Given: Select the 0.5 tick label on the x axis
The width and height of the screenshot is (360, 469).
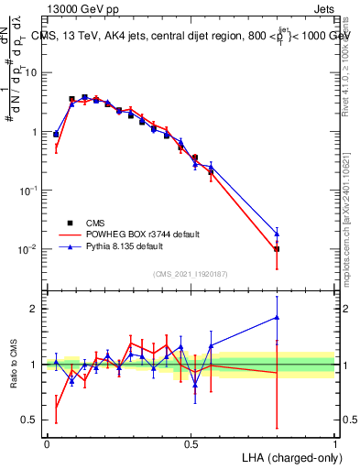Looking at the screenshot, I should coord(191,443).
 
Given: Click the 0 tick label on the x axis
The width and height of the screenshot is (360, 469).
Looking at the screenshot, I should coord(47,443).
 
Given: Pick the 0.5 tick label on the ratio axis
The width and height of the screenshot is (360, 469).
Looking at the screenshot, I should coord(31,421).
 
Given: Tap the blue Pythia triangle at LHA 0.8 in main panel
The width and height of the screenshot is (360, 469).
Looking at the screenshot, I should coord(277,234).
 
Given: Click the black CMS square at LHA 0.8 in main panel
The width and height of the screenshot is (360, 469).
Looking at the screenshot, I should coord(277,249).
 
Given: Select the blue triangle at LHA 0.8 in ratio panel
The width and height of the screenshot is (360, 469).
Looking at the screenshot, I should coord(277,318).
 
